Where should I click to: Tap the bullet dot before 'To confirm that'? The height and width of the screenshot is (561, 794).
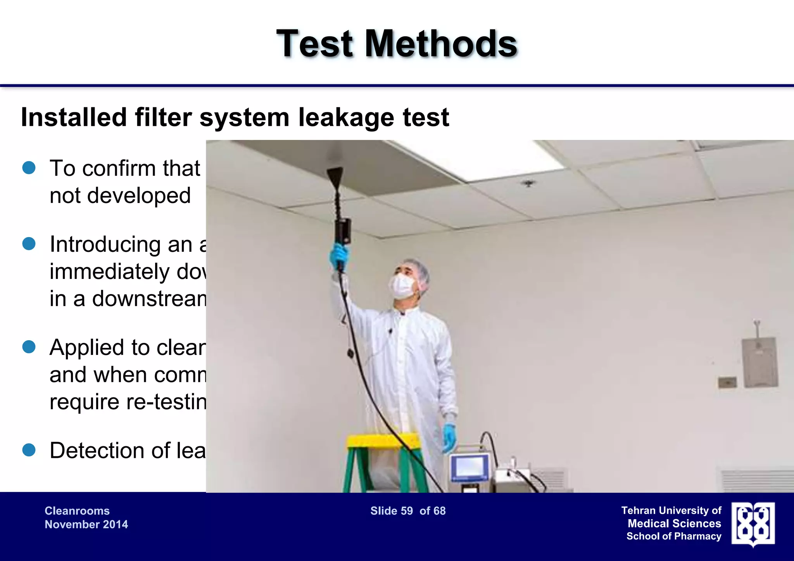coord(29,168)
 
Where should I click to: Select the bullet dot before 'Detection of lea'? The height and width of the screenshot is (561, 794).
coord(29,450)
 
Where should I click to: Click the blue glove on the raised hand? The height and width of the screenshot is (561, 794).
coord(339,256)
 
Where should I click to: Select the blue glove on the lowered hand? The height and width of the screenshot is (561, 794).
coord(449,437)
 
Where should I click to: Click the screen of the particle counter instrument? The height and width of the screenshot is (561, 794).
coord(469,467)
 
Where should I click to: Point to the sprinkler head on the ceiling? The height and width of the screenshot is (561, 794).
coord(528,183)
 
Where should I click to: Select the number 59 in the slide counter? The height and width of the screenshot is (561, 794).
coord(407,511)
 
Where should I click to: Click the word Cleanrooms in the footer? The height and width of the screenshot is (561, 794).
coord(77,511)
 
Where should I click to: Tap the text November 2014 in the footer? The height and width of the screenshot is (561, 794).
coord(86,525)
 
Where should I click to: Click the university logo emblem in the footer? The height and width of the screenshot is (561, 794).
coord(753,525)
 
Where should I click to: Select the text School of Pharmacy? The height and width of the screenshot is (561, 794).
coord(673,536)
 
